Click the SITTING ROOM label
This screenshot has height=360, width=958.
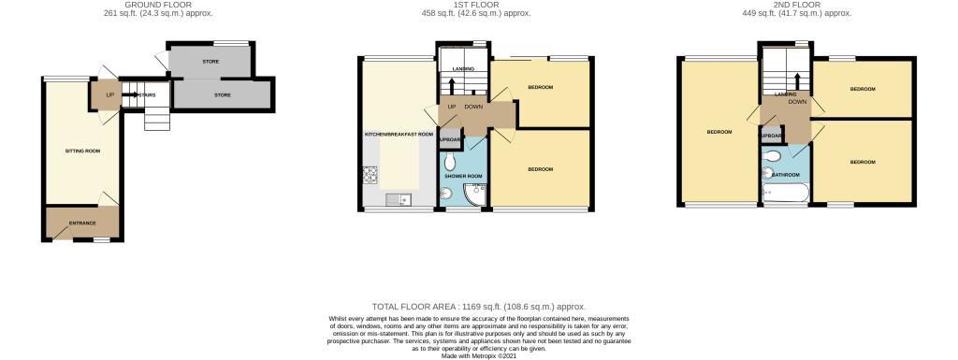(x=82, y=151)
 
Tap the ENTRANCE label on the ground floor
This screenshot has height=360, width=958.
(x=82, y=223)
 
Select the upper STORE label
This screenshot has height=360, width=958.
(x=210, y=62)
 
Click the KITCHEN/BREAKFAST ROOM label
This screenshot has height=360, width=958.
(x=399, y=135)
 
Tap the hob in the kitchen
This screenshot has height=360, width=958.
(x=369, y=175)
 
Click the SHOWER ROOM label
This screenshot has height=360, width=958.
(x=462, y=176)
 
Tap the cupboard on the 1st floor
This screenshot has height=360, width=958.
(x=451, y=140)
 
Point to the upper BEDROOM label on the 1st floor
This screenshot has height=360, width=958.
(x=540, y=87)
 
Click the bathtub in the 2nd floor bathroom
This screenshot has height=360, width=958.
(x=784, y=193)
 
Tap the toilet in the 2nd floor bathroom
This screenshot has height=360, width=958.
(x=770, y=171)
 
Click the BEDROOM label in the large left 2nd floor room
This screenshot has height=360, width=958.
(x=718, y=132)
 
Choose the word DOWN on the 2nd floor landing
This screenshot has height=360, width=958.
(x=797, y=102)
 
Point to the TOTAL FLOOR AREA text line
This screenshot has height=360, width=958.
(x=478, y=306)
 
